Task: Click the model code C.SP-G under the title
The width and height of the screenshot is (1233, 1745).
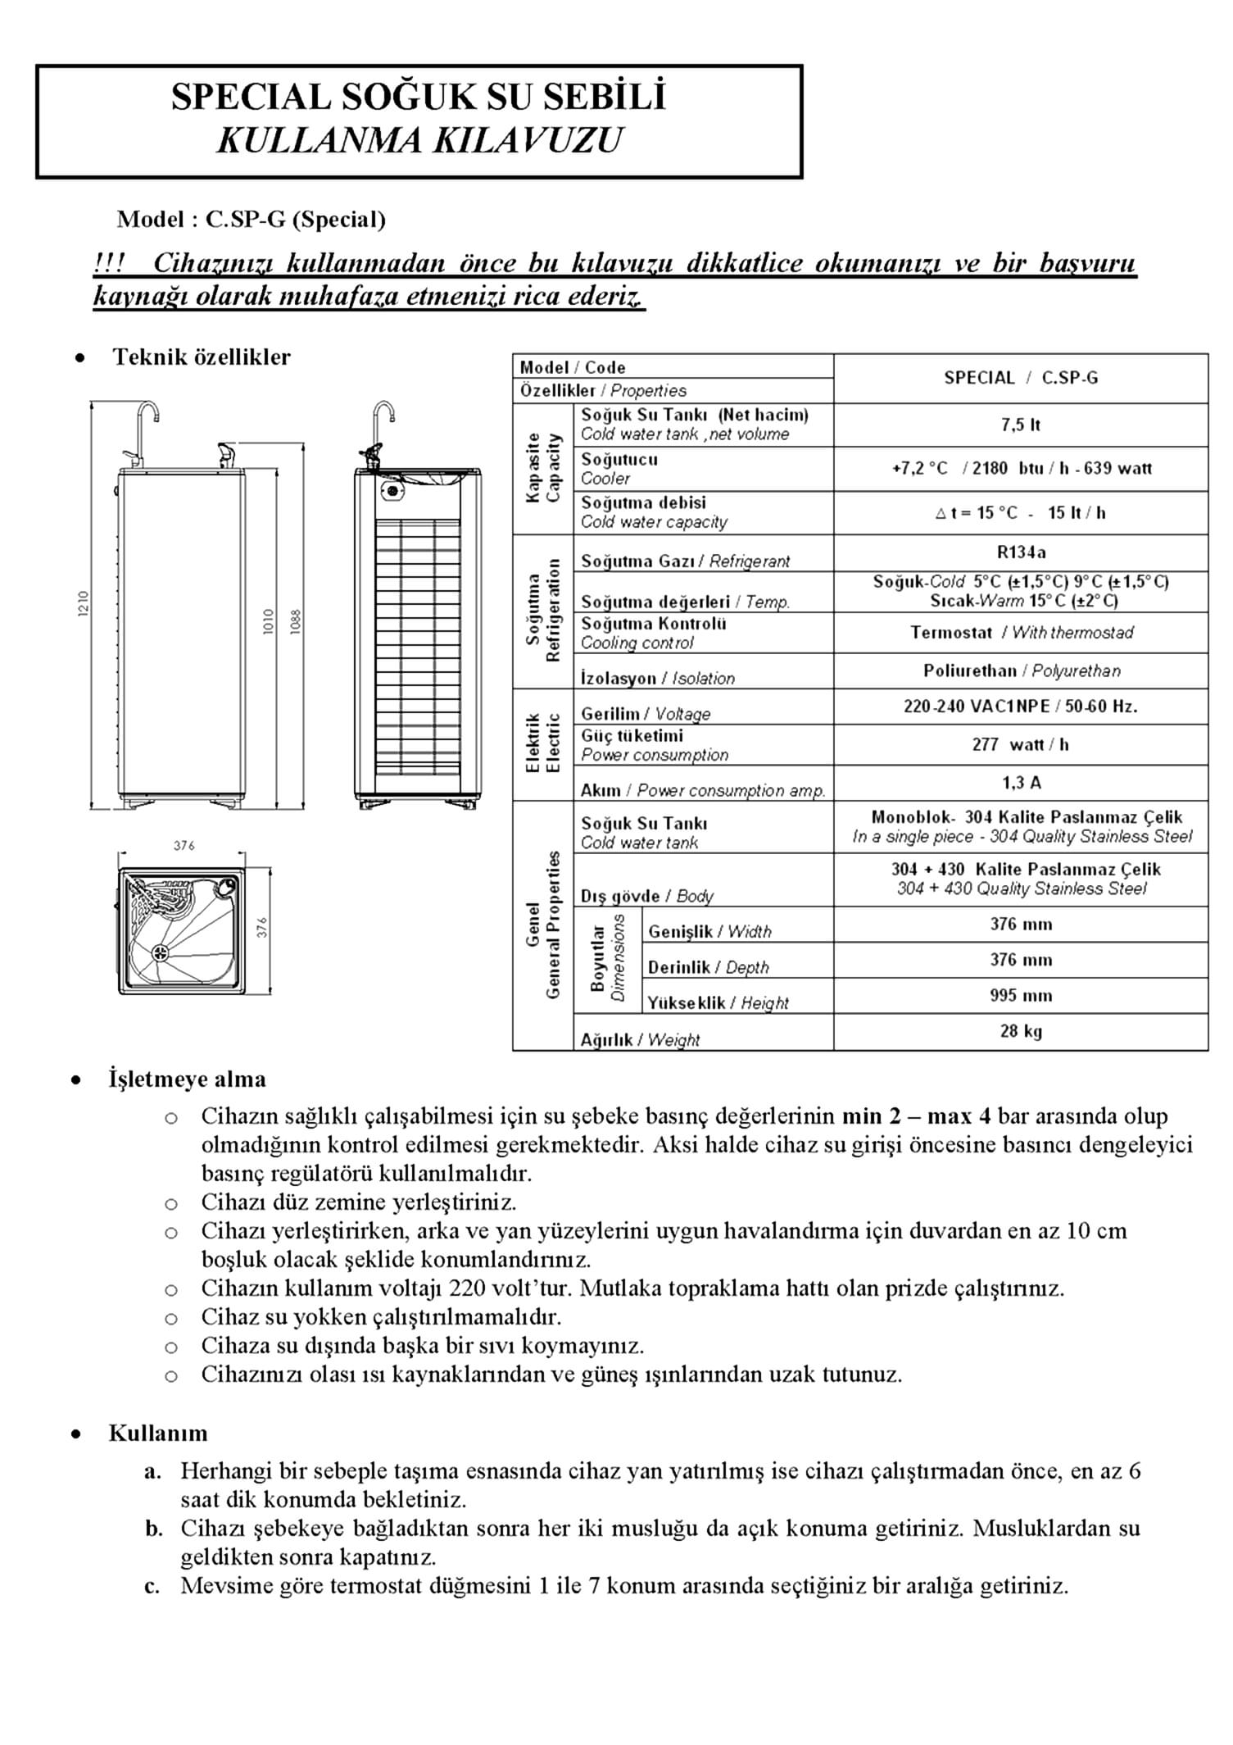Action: point(245,220)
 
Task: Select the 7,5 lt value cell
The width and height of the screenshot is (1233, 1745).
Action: point(1020,425)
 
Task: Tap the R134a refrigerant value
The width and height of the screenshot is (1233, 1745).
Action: point(1021,552)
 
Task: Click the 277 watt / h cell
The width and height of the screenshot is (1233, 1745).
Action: point(1020,744)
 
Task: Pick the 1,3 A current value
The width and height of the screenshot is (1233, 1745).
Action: point(1021,783)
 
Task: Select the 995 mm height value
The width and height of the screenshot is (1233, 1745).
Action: point(1020,995)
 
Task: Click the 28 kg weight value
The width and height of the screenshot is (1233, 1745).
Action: point(1020,1031)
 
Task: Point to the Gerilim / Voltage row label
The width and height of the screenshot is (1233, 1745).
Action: point(646,714)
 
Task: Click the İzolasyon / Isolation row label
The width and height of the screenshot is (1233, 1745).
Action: point(657,678)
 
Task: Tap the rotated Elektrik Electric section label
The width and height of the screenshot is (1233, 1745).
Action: point(543,743)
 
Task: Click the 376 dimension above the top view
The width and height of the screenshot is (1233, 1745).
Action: point(184,845)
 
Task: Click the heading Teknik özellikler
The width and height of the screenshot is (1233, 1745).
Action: point(202,357)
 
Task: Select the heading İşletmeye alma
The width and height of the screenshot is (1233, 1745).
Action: point(187,1079)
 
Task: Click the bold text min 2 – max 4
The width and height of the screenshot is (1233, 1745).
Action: point(916,1116)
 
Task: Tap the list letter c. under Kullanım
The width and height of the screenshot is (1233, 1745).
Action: point(152,1586)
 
